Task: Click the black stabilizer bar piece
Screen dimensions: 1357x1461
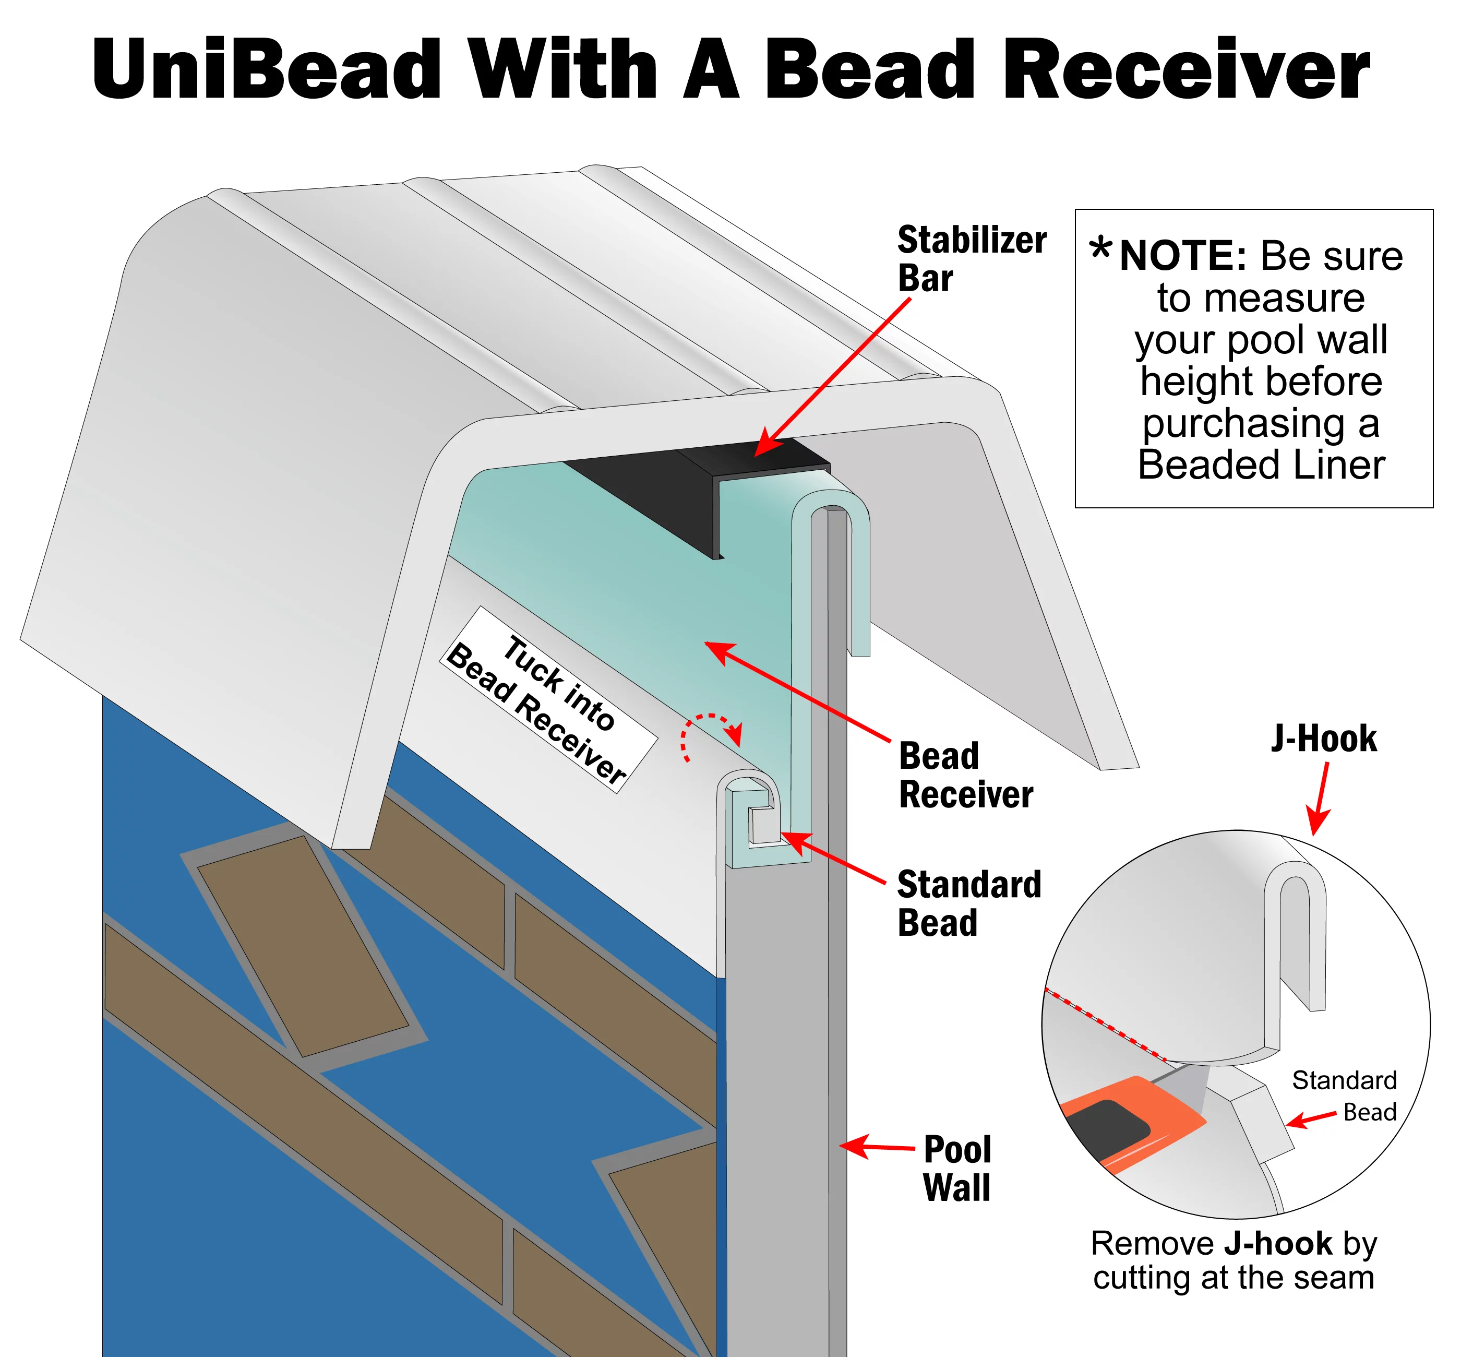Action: (698, 485)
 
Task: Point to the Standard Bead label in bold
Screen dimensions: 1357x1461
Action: (968, 904)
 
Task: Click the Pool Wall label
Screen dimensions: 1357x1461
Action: (956, 1168)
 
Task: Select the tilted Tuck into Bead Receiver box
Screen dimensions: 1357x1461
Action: (547, 699)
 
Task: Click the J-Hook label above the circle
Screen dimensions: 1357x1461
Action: (1324, 739)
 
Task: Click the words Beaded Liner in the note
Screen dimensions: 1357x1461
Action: (1261, 465)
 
